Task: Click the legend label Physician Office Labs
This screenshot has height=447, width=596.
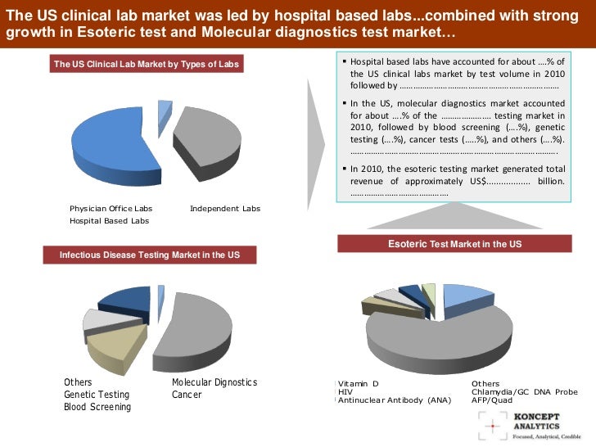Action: tap(111, 209)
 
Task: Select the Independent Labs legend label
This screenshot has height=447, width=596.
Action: tap(224, 209)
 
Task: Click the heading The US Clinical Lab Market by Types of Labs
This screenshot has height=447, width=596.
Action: tap(147, 63)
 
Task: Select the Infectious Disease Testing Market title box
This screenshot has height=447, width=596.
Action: tap(150, 255)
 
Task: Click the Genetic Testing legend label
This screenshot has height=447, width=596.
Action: tap(97, 395)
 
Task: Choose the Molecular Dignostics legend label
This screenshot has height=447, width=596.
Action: tap(214, 382)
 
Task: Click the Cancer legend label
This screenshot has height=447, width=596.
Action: tap(187, 395)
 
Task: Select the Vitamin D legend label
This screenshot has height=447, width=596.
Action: tap(359, 383)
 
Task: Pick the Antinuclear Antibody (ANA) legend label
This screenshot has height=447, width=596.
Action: tap(394, 400)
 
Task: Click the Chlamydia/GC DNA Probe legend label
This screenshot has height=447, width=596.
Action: tap(524, 391)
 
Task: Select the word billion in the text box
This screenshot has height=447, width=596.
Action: tap(551, 181)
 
